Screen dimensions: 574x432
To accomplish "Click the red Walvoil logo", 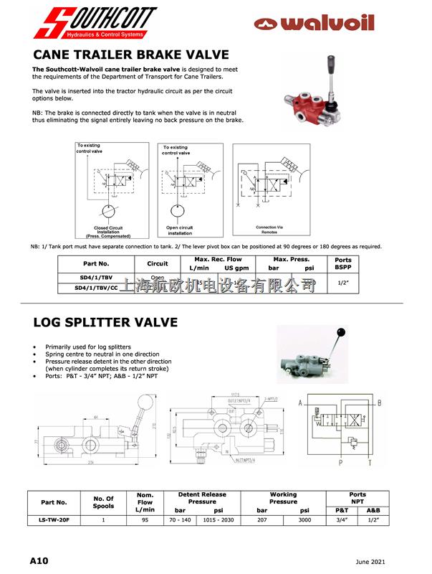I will tap(315, 24).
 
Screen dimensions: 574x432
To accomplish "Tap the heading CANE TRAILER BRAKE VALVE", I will tap(131, 55).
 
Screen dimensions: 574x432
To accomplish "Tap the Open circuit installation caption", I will tap(180, 230).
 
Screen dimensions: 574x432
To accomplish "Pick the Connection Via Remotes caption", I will tap(269, 230).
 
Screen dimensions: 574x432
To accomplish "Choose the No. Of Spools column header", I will tap(105, 501).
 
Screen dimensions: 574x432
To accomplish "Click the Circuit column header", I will tap(157, 263).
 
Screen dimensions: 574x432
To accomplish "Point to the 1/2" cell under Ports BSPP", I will tap(343, 281).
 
